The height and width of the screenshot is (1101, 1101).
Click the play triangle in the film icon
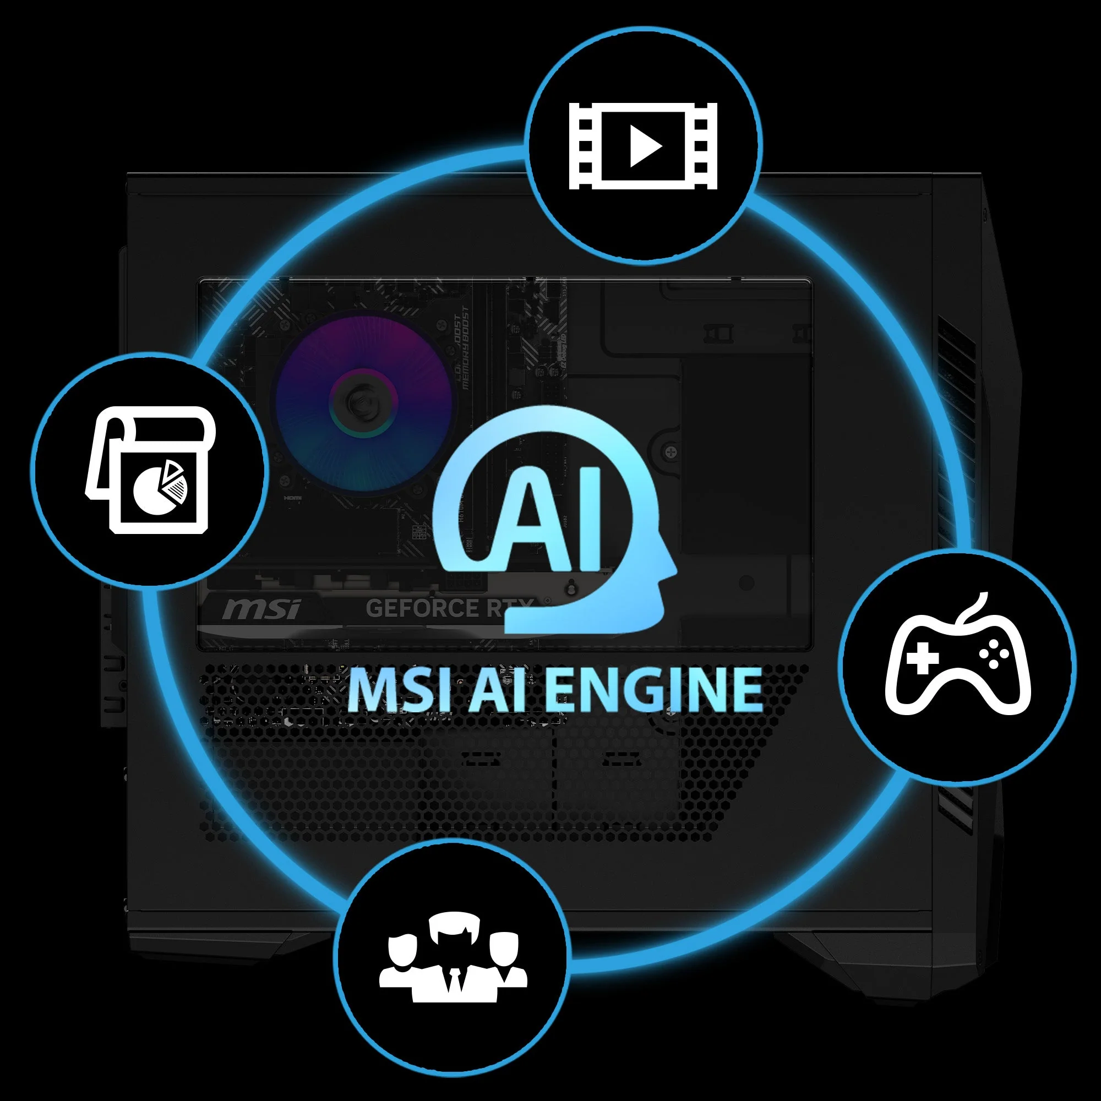pyautogui.click(x=645, y=146)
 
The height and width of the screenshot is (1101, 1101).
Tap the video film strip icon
pyautogui.click(x=643, y=146)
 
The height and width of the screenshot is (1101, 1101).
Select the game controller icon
pyautogui.click(x=958, y=667)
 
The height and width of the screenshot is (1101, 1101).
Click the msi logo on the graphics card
pyautogui.click(x=261, y=610)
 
